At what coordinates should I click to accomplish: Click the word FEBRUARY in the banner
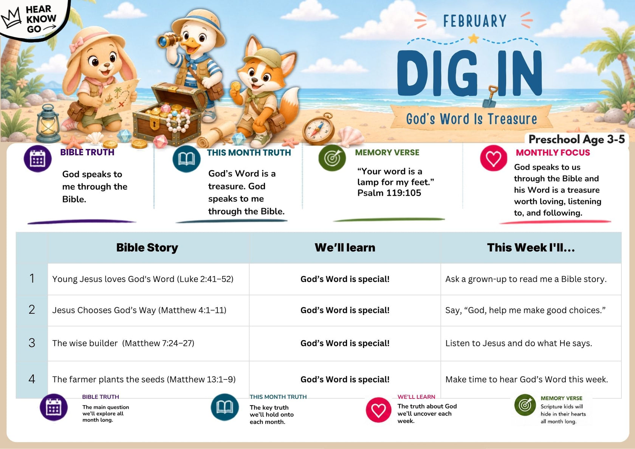pyautogui.click(x=475, y=21)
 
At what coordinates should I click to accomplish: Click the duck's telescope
pyautogui.click(x=170, y=40)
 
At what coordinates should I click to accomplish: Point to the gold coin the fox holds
pyautogui.click(x=235, y=86)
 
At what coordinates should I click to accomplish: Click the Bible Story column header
pyautogui.click(x=147, y=248)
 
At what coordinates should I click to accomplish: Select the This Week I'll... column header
pyautogui.click(x=531, y=248)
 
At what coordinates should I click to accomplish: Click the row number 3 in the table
pyautogui.click(x=32, y=343)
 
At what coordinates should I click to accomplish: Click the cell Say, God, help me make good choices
pyautogui.click(x=525, y=310)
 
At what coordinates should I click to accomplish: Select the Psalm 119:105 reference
pyautogui.click(x=389, y=193)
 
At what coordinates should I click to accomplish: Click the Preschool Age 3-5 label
pyautogui.click(x=577, y=139)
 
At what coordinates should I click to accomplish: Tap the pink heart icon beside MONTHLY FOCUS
pyautogui.click(x=494, y=158)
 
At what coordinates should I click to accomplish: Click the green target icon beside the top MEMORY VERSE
pyautogui.click(x=332, y=158)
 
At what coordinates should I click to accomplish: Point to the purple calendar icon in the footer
pyautogui.click(x=54, y=407)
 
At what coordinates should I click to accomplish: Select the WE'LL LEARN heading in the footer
pyautogui.click(x=416, y=397)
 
